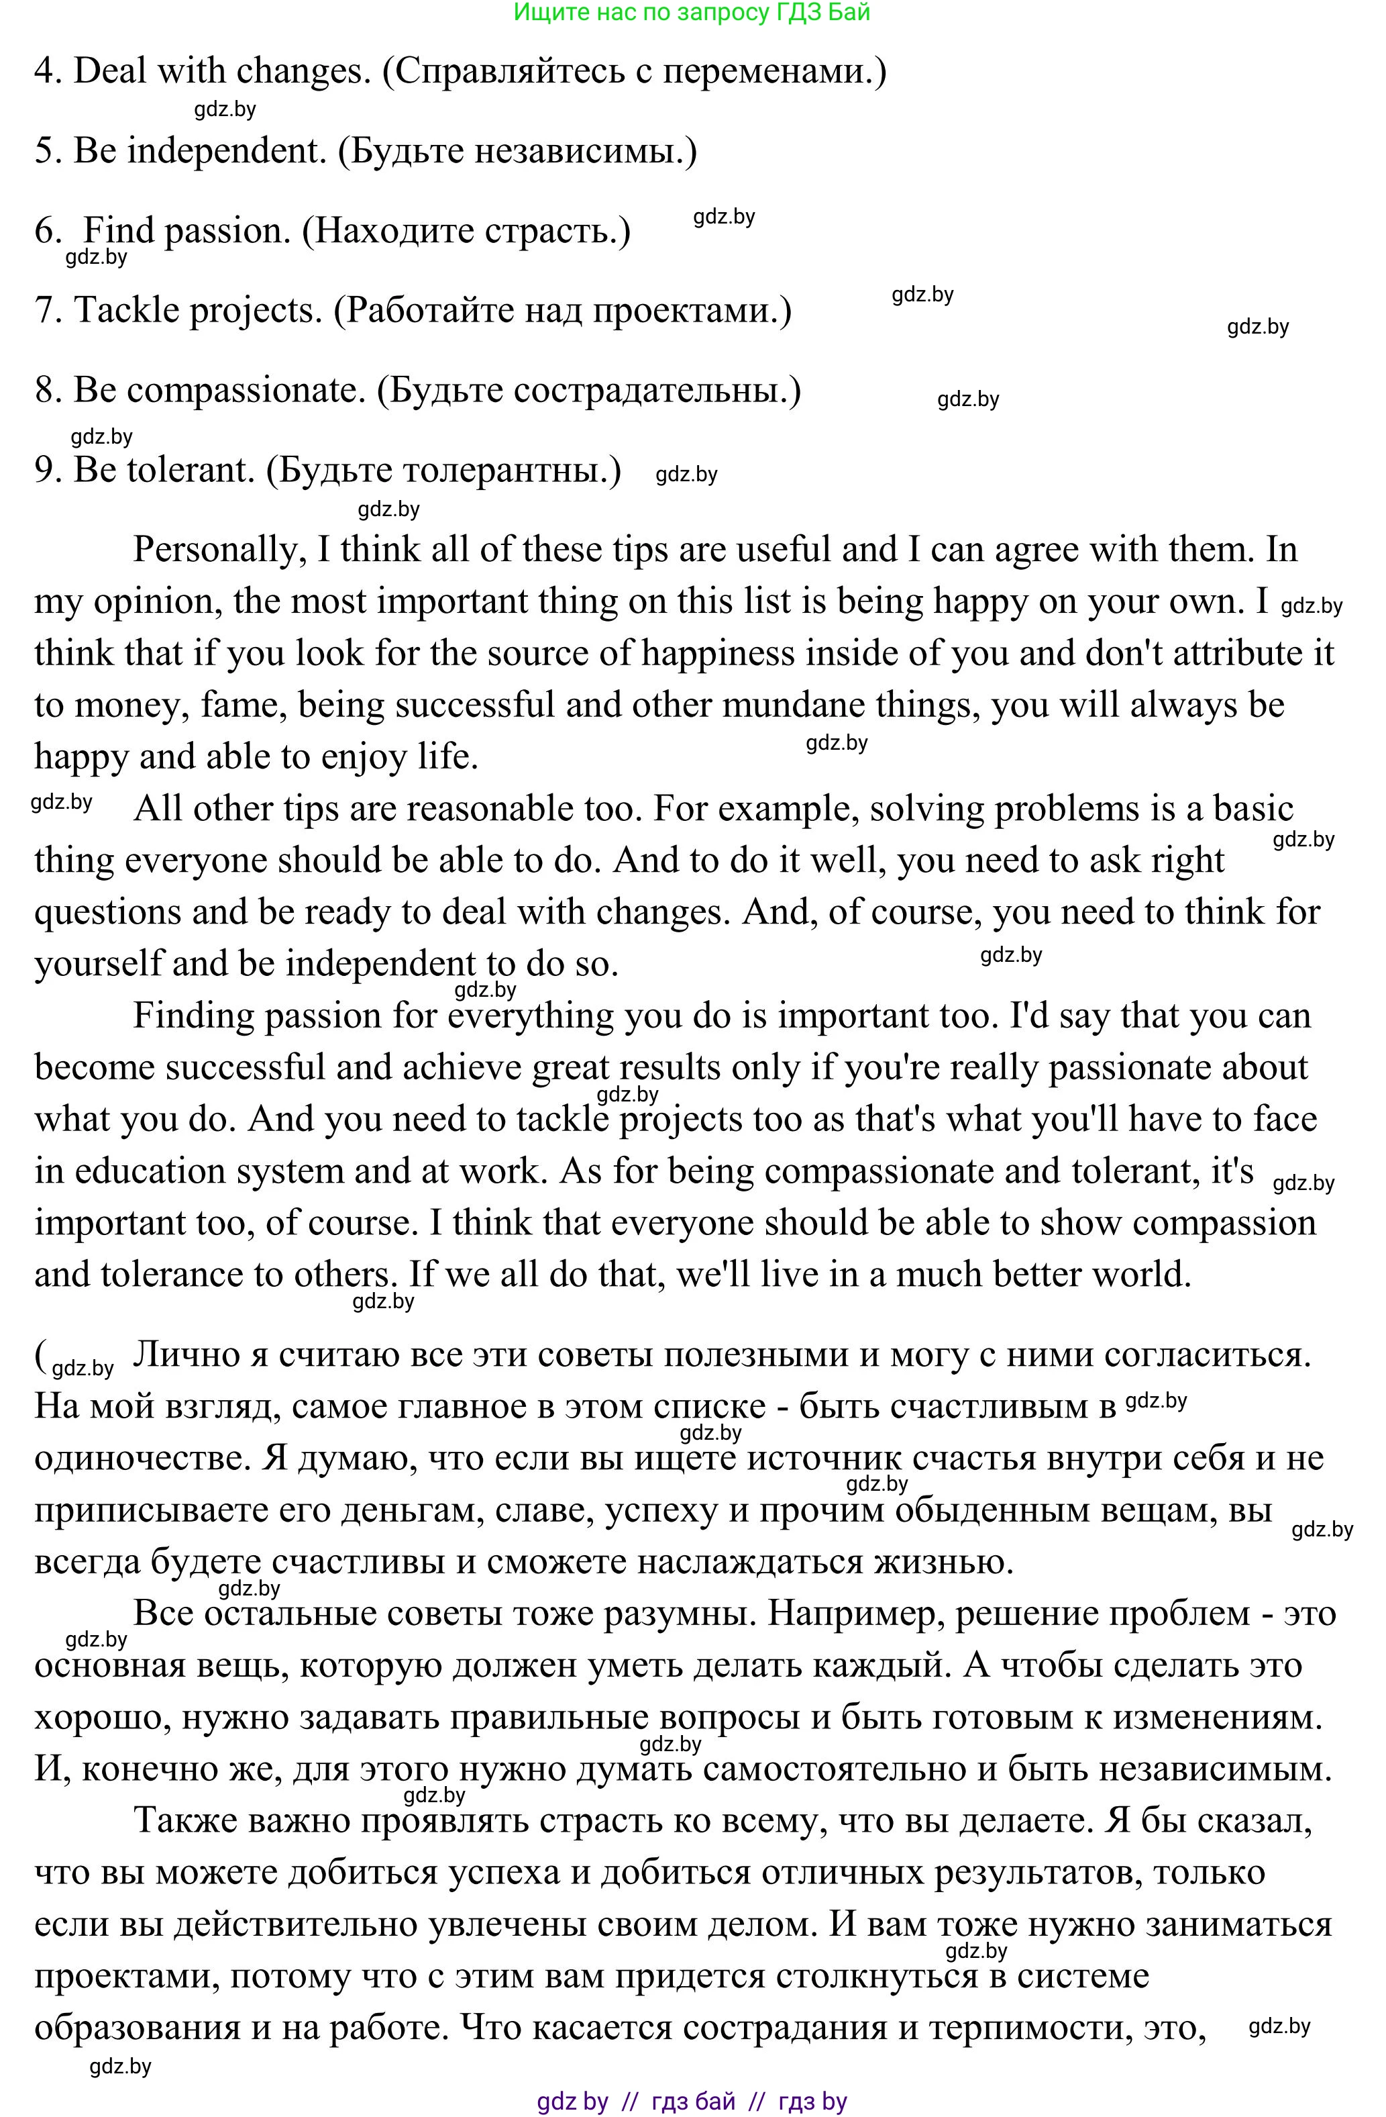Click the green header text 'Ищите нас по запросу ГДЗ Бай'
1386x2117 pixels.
tap(692, 13)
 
